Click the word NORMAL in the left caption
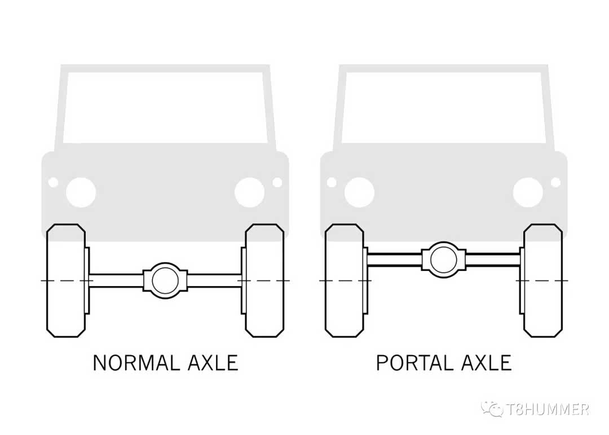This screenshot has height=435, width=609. tap(136, 363)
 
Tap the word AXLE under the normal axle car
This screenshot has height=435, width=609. tap(213, 363)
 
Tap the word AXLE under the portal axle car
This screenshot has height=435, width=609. tap(487, 363)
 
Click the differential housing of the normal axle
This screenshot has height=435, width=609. tap(165, 280)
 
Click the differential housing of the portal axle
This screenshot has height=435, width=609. tap(444, 260)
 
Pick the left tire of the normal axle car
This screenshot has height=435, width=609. tap(66, 280)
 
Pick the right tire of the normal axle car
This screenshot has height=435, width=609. tap(264, 280)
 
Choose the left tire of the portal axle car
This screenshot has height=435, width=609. tap(345, 280)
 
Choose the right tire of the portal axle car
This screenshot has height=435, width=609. tap(543, 280)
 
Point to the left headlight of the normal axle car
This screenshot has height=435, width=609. tap(81, 192)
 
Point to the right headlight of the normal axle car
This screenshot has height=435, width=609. tap(250, 192)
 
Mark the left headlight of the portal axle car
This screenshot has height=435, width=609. tap(359, 192)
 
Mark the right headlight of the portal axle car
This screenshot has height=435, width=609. tap(528, 192)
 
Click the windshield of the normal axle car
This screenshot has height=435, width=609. tap(165, 107)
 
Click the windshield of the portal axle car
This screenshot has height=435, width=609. tap(444, 107)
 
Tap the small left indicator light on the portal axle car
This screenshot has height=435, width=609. tap(332, 182)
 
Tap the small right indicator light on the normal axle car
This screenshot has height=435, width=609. tap(277, 182)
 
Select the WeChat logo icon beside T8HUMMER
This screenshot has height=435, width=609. tap(493, 409)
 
